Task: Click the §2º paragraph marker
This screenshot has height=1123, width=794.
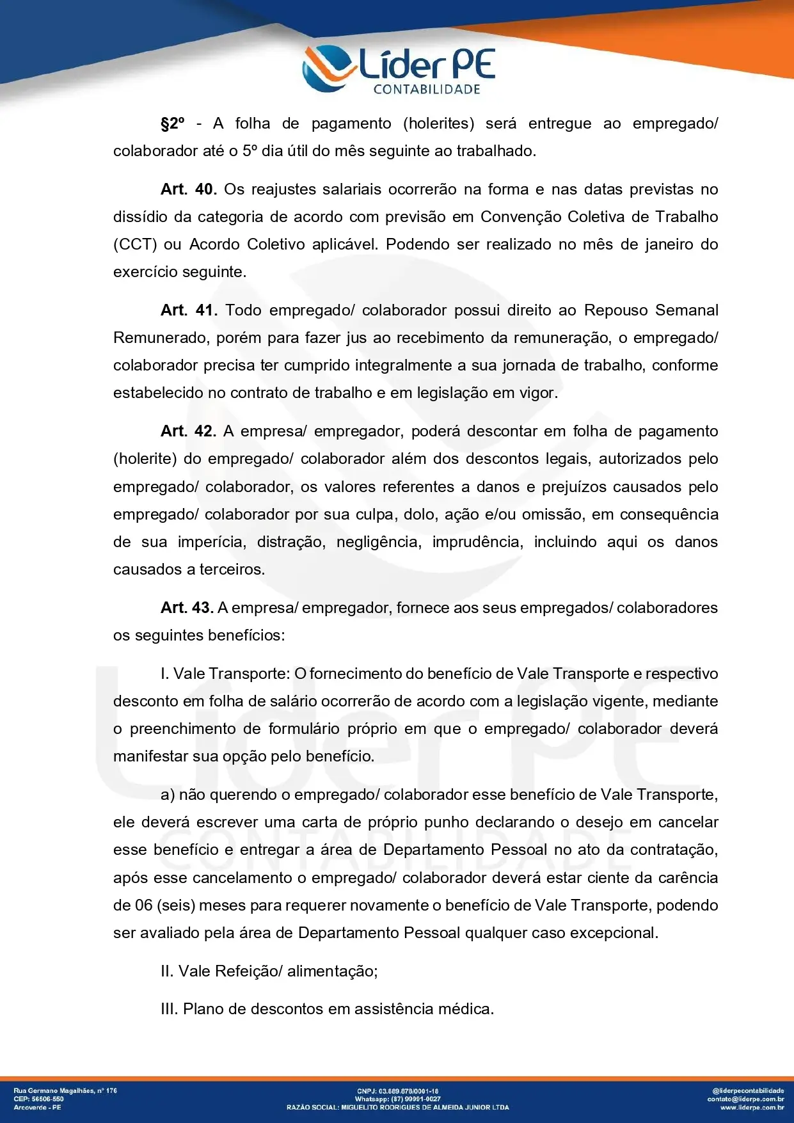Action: [x=172, y=123]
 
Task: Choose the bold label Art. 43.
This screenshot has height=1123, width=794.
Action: [x=187, y=608]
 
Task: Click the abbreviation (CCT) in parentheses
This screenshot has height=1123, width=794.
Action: [x=134, y=244]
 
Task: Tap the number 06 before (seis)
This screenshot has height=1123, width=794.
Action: [x=143, y=905]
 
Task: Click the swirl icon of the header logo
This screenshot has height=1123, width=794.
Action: [x=328, y=67]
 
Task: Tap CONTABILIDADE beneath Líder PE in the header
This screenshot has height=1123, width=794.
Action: [x=427, y=90]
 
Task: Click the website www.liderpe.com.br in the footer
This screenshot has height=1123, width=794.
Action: [x=752, y=1107]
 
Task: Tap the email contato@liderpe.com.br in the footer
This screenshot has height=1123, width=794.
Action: [x=745, y=1099]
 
